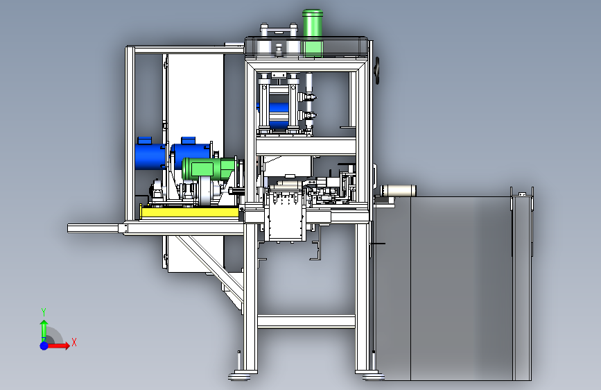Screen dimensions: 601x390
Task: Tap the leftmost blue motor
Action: (150, 154)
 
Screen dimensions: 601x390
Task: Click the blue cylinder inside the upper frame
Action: (279, 115)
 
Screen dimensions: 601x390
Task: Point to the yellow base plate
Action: (190, 212)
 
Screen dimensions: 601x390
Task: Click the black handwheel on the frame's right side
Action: (378, 71)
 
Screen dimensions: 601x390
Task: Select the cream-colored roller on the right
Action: (398, 190)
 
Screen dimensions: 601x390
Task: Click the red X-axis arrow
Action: (58, 346)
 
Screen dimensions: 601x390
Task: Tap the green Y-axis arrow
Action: (44, 330)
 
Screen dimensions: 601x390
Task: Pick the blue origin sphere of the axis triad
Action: (44, 346)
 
